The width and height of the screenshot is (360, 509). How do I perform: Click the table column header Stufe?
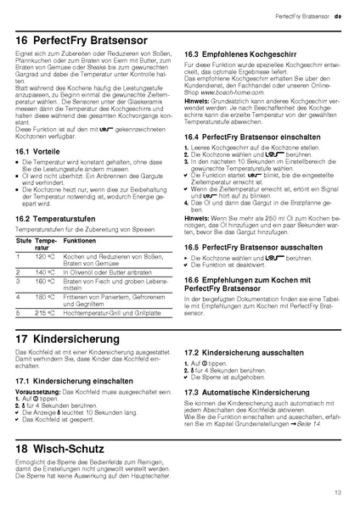[23, 241]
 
